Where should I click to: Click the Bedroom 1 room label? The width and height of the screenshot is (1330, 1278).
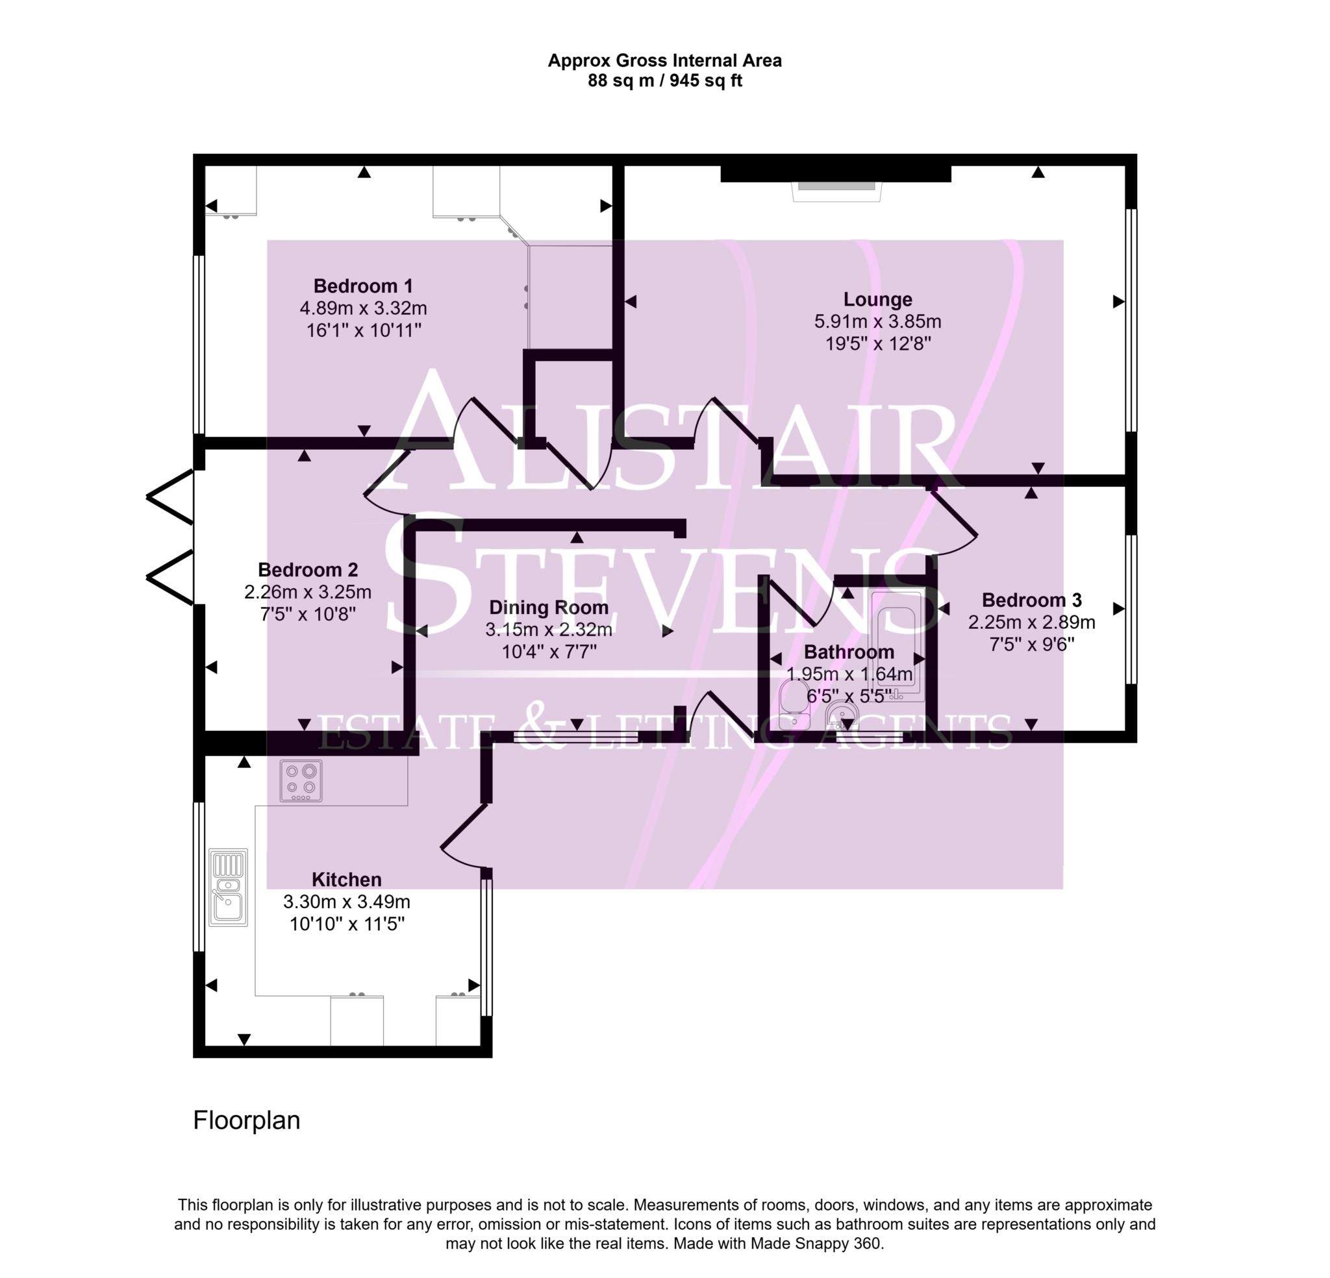pyautogui.click(x=363, y=286)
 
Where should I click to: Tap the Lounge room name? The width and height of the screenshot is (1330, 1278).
pyautogui.click(x=877, y=299)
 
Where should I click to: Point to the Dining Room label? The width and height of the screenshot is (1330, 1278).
pyautogui.click(x=548, y=607)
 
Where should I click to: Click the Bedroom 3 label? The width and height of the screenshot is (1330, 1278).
pyautogui.click(x=1031, y=600)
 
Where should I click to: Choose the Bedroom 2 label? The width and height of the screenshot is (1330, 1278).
pyautogui.click(x=307, y=569)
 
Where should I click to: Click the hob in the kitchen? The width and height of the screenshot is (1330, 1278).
pyautogui.click(x=301, y=780)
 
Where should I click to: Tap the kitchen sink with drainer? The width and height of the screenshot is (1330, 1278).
pyautogui.click(x=228, y=887)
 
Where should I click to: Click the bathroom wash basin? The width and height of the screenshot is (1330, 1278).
pyautogui.click(x=842, y=716)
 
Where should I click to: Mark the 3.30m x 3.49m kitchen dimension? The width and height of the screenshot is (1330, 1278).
pyautogui.click(x=346, y=902)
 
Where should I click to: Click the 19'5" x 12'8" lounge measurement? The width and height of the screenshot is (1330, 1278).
pyautogui.click(x=877, y=343)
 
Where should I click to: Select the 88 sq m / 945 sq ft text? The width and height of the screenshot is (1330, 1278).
pyautogui.click(x=664, y=80)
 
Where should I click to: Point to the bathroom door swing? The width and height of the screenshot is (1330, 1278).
pyautogui.click(x=801, y=600)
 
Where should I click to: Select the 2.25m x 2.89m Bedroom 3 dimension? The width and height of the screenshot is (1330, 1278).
pyautogui.click(x=1031, y=622)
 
